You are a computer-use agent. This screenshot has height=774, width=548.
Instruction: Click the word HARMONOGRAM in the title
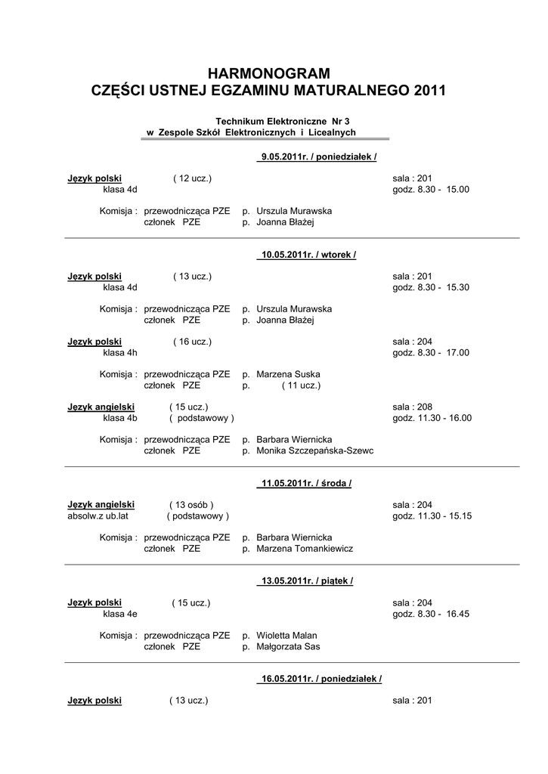[x=269, y=73]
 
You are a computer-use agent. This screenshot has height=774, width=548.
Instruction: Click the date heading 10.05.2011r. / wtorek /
[x=307, y=255]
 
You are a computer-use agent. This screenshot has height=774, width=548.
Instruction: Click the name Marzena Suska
[x=288, y=374]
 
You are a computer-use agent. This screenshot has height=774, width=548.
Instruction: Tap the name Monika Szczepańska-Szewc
[x=315, y=450]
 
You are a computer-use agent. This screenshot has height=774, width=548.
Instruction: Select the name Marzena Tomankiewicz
[x=305, y=549]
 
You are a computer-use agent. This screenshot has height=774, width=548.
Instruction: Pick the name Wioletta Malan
[x=286, y=636]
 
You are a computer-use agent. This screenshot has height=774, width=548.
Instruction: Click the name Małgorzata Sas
[x=288, y=647]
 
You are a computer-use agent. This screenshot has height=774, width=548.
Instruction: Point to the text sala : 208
[x=412, y=407]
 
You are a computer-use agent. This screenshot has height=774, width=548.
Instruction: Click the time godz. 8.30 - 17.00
[x=431, y=353]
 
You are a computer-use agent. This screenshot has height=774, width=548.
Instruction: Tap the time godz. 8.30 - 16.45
[x=431, y=614]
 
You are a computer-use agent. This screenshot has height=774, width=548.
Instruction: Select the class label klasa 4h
[x=120, y=353]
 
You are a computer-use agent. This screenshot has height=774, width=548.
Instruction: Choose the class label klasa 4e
[x=120, y=614]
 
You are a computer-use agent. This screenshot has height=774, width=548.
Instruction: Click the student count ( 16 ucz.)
[x=192, y=342]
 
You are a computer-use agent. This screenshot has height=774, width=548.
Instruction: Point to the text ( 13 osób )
[x=191, y=505]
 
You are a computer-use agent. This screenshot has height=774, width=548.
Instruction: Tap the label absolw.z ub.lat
[x=99, y=516]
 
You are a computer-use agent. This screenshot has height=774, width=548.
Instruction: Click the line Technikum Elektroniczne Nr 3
[x=283, y=121]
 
